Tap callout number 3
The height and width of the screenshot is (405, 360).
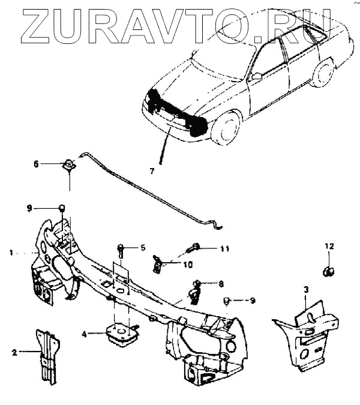point(306,289)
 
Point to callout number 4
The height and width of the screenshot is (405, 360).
point(85,334)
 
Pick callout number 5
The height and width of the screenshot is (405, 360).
point(143,247)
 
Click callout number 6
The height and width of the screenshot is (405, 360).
point(36,163)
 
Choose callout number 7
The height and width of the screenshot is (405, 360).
point(152,171)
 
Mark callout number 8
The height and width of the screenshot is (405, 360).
point(221,284)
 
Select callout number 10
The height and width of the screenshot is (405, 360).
point(188,264)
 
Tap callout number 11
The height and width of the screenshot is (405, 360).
point(224,248)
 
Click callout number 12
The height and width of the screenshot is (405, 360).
point(329,246)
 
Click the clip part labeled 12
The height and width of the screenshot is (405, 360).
point(329,269)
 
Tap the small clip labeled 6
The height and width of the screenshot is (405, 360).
point(70,164)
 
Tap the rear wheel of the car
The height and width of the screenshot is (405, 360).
point(323,72)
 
